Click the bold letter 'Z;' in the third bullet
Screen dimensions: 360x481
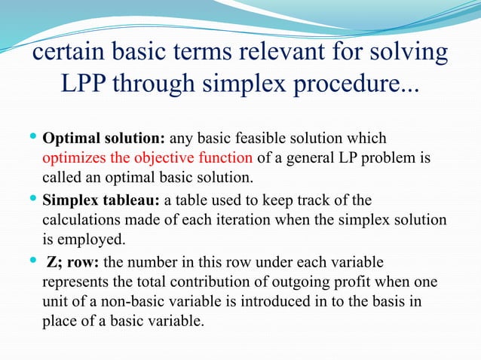pos(55,263)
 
